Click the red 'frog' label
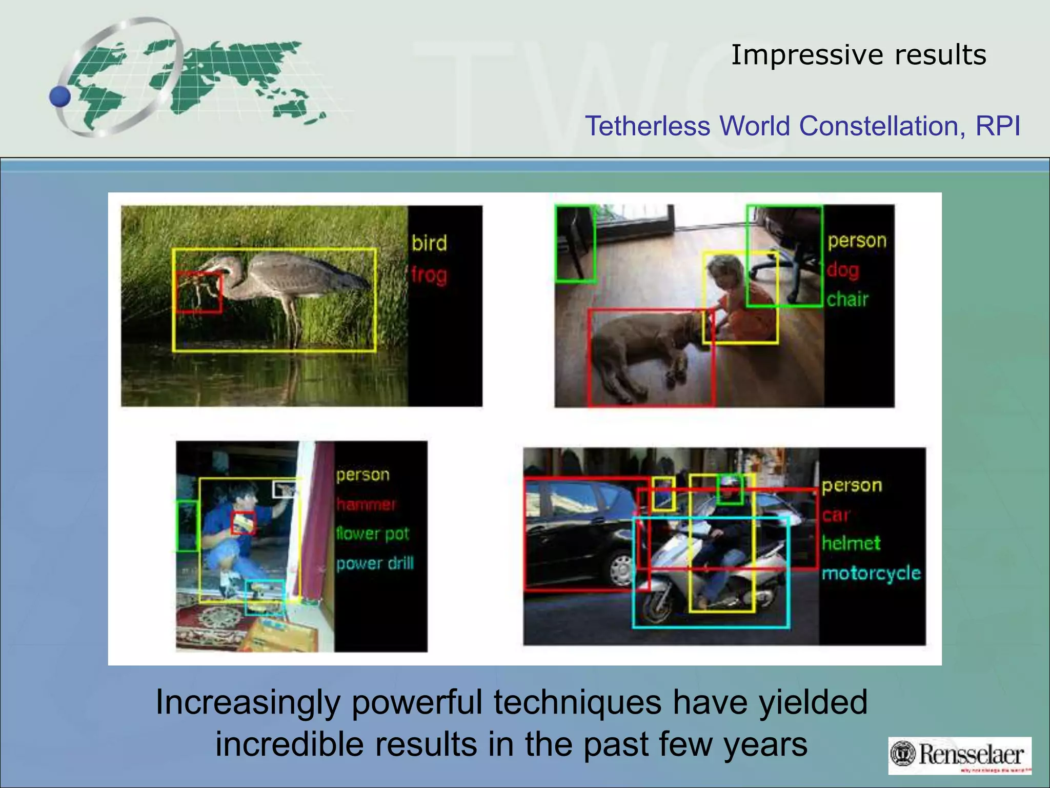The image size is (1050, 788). (429, 275)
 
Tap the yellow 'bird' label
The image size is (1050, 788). (429, 243)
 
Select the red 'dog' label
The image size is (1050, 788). (843, 270)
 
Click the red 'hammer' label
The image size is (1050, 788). (366, 505)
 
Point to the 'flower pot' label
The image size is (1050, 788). (373, 534)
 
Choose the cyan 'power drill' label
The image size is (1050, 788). (375, 563)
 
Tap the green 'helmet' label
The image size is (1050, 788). (851, 543)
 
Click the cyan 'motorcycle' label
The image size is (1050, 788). (871, 573)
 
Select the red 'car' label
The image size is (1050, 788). (836, 515)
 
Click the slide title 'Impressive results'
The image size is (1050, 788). (858, 55)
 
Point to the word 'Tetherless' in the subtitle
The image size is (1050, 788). (648, 126)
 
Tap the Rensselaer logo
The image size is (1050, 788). (960, 755)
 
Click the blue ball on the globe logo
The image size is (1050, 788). (60, 96)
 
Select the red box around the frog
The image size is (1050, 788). (199, 292)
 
